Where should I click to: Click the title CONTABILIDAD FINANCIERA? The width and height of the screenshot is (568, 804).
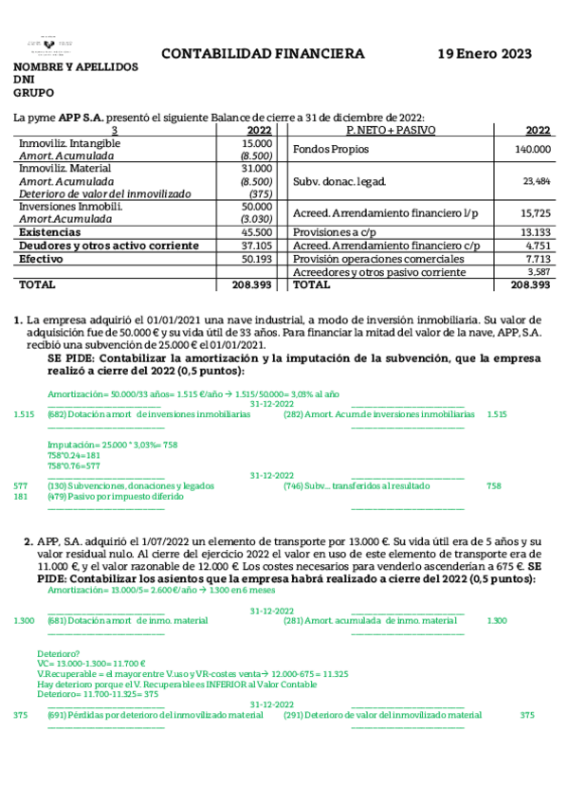pos(263,54)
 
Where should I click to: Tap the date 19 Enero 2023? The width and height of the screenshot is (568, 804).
pos(484,54)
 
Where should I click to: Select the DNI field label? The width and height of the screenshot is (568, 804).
pos(24,81)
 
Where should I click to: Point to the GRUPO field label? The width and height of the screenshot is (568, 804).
pos(33,93)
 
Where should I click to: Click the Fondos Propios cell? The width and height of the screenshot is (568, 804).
pos(331,150)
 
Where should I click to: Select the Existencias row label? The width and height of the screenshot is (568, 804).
pos(50,232)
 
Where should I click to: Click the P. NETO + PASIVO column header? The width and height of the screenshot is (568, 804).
pos(386,130)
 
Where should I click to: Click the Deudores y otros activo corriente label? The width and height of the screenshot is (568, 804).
pos(108,246)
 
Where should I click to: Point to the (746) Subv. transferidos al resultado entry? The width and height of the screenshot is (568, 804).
pos(356,485)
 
